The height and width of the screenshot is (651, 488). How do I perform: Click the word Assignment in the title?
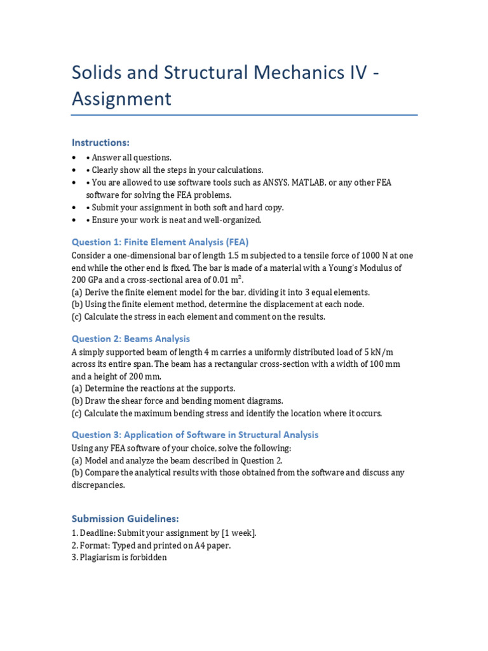(x=121, y=99)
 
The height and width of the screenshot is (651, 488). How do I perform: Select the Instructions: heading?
(x=100, y=142)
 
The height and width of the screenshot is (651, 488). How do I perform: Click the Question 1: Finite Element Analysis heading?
(x=160, y=242)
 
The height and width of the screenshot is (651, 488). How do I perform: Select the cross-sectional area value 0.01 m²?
(x=223, y=280)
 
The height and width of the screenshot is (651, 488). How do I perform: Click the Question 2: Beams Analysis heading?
(x=131, y=339)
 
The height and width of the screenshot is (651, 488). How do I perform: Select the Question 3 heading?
(x=195, y=435)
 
